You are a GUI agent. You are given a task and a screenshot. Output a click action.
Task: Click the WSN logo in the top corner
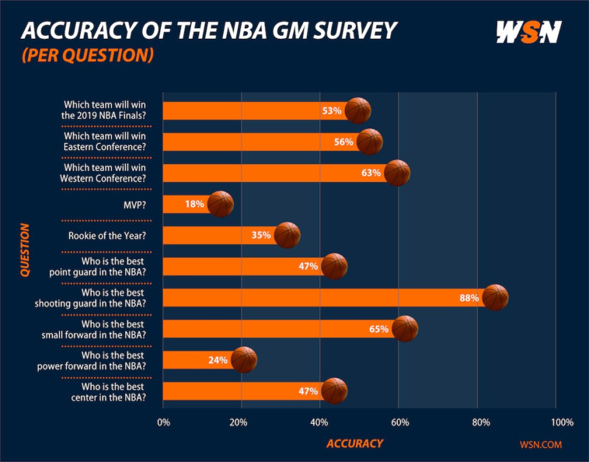528,32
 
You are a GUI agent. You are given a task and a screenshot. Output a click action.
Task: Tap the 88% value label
468,298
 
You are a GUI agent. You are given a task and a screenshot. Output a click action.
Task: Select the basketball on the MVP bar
221,204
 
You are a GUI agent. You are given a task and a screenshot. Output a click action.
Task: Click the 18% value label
194,204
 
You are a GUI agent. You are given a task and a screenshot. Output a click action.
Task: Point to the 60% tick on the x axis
398,422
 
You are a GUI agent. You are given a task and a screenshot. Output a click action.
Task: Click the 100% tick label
561,422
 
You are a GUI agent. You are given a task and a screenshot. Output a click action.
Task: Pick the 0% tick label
163,422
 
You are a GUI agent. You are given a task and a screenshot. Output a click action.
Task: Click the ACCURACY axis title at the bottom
354,443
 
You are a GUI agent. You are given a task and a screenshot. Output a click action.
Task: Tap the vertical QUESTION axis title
25,250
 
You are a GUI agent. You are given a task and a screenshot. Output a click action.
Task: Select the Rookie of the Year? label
118,235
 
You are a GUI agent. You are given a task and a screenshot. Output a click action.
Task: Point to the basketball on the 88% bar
495,298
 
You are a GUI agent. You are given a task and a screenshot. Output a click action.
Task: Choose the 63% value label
371,173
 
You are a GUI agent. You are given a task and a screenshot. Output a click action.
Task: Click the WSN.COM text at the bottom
540,444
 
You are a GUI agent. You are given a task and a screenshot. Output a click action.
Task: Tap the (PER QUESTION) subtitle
86,56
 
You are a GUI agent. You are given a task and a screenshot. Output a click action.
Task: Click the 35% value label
261,235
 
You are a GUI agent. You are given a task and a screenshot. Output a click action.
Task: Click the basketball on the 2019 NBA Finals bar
358,110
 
